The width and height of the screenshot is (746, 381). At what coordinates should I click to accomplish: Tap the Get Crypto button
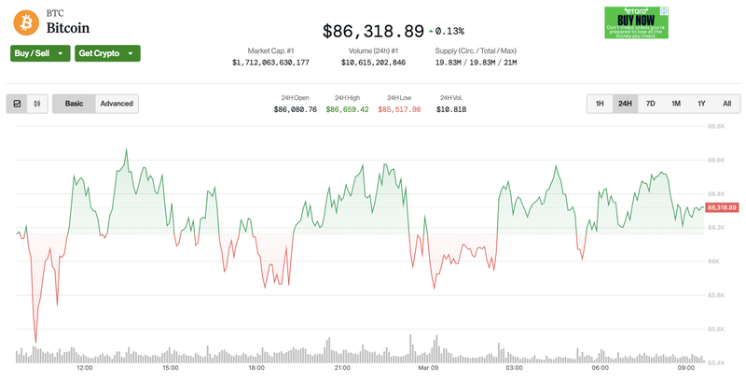(x=107, y=53)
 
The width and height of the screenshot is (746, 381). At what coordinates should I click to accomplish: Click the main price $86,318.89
(x=373, y=31)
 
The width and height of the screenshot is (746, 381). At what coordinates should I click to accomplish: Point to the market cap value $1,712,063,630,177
(x=270, y=63)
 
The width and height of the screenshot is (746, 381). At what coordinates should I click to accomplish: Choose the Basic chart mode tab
(x=74, y=104)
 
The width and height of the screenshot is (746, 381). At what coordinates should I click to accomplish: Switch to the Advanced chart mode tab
(x=117, y=104)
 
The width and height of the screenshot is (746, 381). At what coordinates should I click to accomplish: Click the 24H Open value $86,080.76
(x=296, y=109)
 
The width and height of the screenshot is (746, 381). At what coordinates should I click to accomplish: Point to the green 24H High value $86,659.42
(x=347, y=109)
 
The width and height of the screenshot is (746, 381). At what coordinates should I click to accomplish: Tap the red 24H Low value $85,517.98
(x=399, y=109)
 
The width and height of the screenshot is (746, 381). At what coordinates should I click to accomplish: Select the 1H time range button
(x=600, y=104)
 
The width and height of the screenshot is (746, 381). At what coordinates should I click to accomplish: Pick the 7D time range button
(x=650, y=104)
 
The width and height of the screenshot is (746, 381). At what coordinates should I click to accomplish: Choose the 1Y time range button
(x=701, y=104)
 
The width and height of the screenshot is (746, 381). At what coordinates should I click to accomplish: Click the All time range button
(x=726, y=104)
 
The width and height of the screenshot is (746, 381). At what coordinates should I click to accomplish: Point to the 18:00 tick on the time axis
(x=256, y=368)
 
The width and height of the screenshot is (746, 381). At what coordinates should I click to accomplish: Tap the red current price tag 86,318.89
(x=723, y=207)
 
